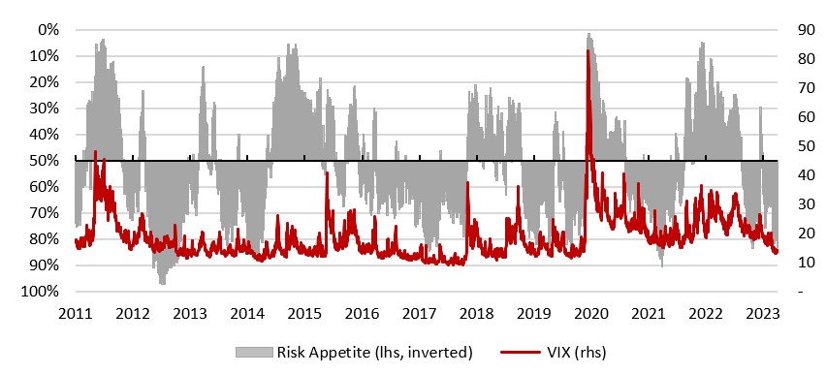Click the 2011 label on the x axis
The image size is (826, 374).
click(75, 314)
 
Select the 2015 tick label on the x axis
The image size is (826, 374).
click(304, 314)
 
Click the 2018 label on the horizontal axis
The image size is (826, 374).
click(476, 314)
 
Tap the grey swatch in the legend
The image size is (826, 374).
click(254, 352)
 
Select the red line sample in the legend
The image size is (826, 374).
click(519, 352)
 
